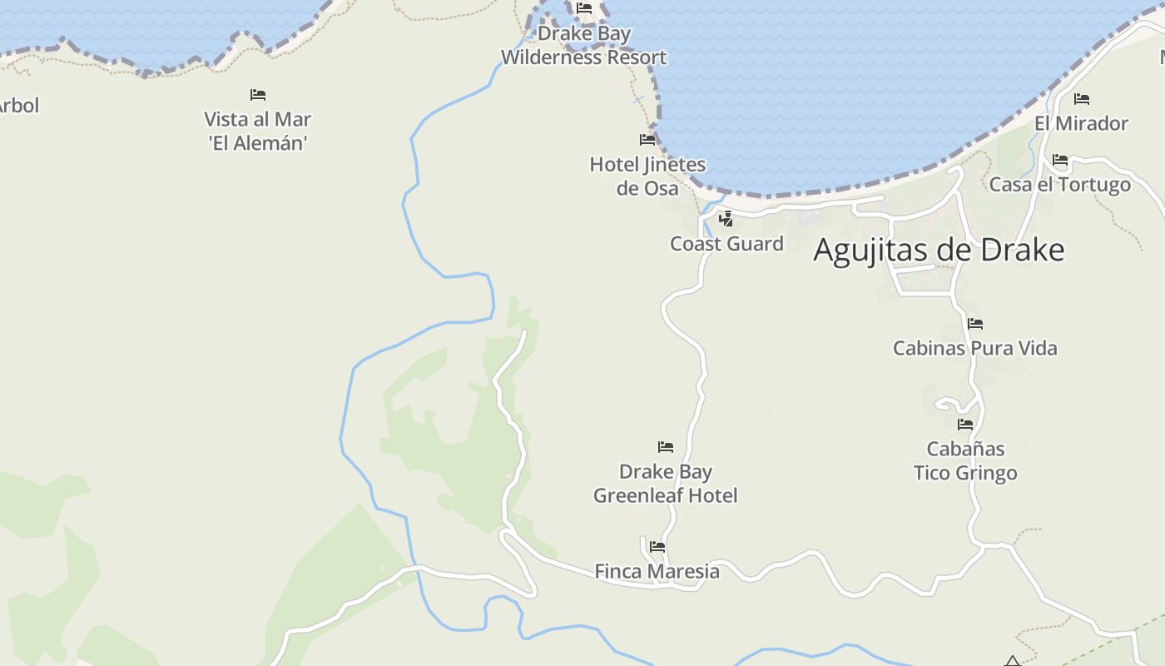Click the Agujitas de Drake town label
(x=939, y=250)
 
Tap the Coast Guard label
(x=726, y=244)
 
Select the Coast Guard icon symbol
(x=726, y=219)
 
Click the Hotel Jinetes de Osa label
(x=647, y=176)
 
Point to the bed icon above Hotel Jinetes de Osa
(x=647, y=139)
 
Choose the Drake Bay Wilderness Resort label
(x=583, y=46)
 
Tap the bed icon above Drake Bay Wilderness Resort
(x=584, y=8)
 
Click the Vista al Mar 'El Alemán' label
(x=258, y=131)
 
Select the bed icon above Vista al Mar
(x=258, y=95)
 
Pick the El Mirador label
(x=1081, y=123)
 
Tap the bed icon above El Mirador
(x=1082, y=99)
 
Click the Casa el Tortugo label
(x=1059, y=185)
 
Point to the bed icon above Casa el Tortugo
(x=1060, y=160)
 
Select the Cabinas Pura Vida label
(x=974, y=348)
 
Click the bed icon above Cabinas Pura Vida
(x=975, y=323)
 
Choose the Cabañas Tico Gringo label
(x=965, y=461)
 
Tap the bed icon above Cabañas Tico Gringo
(x=965, y=425)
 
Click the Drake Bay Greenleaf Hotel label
(x=665, y=484)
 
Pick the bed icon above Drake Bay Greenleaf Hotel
(x=666, y=447)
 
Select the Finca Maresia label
(x=657, y=572)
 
